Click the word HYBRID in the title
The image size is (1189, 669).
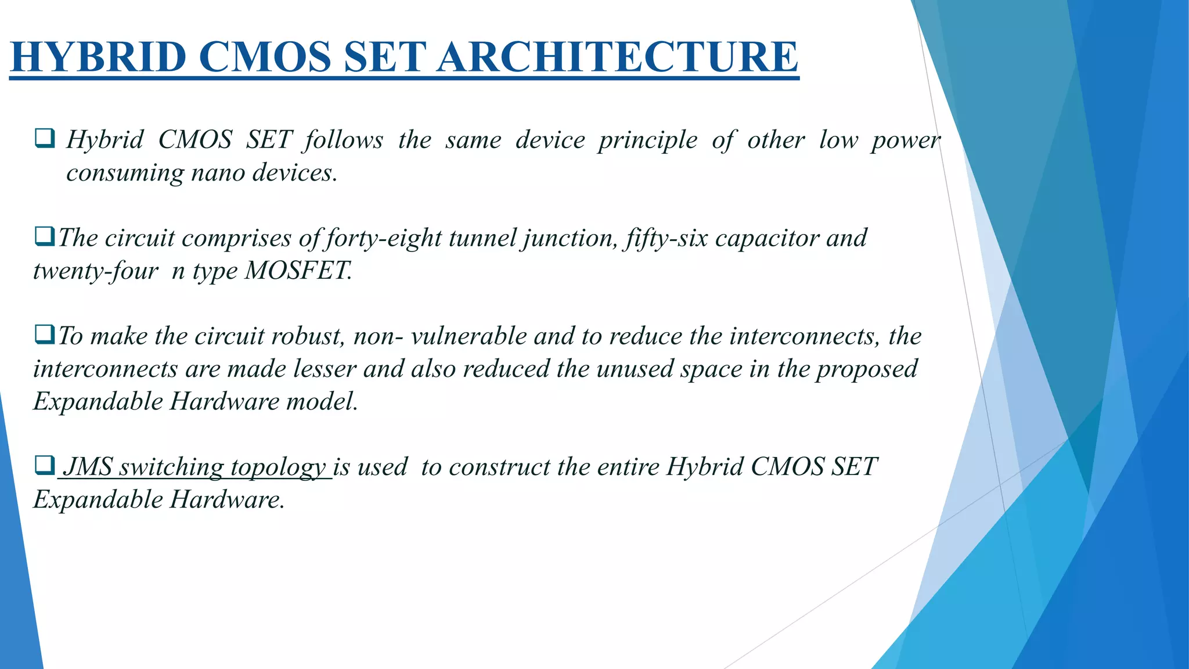pos(98,57)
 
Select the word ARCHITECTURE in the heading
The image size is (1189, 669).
pos(618,57)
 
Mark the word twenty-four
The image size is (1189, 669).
pos(96,271)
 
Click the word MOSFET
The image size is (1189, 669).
pos(297,271)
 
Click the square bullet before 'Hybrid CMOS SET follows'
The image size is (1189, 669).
pos(45,139)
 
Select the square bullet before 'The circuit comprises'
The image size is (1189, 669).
pos(45,237)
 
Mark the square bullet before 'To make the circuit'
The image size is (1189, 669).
pos(45,335)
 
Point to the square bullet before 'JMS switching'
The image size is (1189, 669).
pos(45,466)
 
